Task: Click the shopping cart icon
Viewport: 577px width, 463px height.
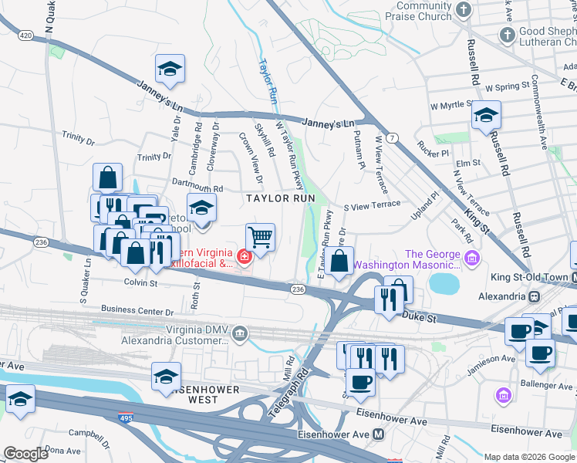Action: click(x=260, y=236)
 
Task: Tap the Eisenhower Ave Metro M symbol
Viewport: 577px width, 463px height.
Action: click(x=378, y=434)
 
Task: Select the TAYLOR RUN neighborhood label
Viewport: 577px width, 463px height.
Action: click(x=280, y=198)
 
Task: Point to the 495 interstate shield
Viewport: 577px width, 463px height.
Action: click(x=125, y=417)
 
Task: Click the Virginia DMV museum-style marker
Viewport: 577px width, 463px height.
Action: click(x=241, y=333)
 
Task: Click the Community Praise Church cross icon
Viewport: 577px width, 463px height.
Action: click(x=463, y=10)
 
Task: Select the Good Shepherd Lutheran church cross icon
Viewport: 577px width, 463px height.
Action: click(x=508, y=35)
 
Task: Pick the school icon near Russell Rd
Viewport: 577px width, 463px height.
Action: click(x=486, y=115)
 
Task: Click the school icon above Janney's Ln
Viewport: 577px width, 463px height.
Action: click(x=170, y=69)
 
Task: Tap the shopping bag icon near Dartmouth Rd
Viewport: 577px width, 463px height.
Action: click(x=108, y=177)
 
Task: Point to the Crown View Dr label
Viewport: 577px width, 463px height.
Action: click(x=251, y=157)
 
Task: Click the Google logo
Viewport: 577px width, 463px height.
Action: click(x=26, y=453)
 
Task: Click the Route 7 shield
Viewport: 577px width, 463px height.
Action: click(x=393, y=138)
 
